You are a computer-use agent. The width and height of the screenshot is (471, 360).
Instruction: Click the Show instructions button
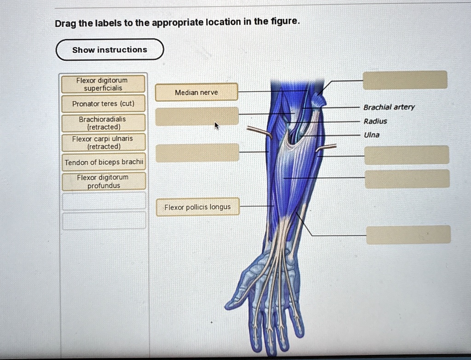tap(109, 50)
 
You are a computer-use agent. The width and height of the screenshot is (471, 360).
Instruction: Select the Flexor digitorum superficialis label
tap(103, 84)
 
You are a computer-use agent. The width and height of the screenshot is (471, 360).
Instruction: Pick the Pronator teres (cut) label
tap(103, 104)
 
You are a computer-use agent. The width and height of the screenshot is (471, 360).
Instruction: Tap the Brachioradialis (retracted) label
tap(103, 123)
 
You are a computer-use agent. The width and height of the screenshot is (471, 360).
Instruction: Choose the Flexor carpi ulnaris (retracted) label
tap(103, 143)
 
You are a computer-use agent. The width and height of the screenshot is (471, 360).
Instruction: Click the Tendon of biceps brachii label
tap(104, 162)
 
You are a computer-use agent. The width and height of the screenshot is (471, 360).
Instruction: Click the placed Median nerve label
tap(196, 92)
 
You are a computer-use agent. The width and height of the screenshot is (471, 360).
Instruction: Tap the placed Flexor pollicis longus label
tap(197, 207)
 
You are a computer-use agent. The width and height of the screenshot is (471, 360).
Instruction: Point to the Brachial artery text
tap(389, 107)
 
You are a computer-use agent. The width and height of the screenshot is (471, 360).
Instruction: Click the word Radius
tap(375, 122)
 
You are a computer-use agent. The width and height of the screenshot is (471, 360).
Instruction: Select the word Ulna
tap(372, 135)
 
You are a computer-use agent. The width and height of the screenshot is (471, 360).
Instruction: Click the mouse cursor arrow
tap(216, 125)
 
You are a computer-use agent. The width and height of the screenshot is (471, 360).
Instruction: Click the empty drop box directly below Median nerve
tap(197, 116)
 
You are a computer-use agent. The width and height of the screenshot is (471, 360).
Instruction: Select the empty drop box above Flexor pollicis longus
tap(197, 152)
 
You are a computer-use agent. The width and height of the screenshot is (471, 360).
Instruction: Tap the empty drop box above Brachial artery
tap(405, 80)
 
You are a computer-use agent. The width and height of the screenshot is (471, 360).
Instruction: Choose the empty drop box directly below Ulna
tap(407, 155)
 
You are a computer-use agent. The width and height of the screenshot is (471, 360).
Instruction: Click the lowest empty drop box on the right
tap(408, 234)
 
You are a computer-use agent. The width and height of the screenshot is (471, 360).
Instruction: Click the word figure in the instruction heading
tap(286, 22)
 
